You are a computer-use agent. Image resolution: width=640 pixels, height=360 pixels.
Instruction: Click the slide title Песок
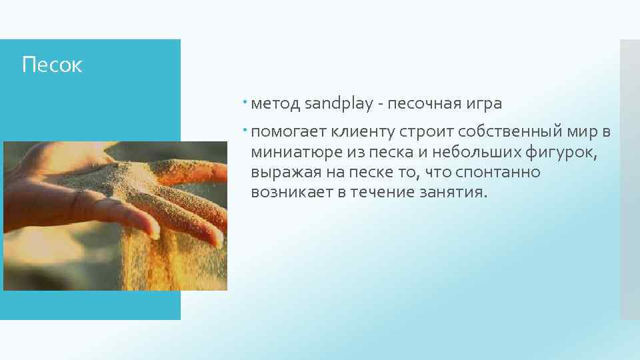pyautogui.click(x=52, y=65)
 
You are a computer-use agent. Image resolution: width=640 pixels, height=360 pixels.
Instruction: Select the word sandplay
pyautogui.click(x=337, y=104)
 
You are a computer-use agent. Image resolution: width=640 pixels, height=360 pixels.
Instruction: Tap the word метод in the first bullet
pyautogui.click(x=275, y=104)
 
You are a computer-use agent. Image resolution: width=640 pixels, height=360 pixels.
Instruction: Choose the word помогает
pyautogui.click(x=286, y=131)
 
